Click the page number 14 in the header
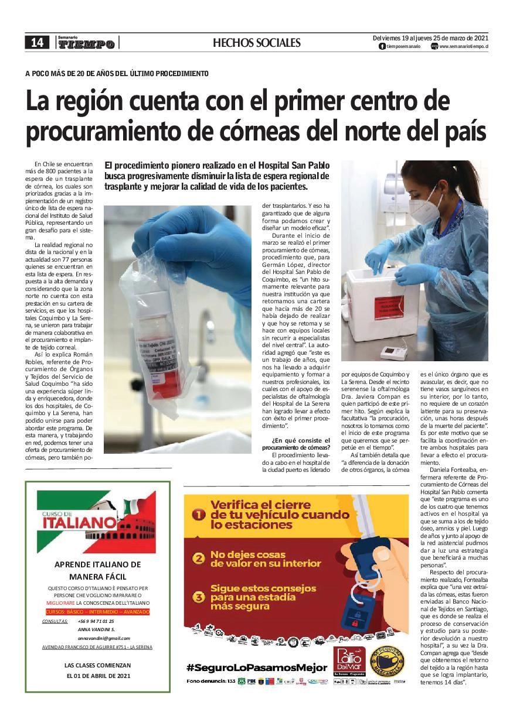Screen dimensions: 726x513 tap(37, 42)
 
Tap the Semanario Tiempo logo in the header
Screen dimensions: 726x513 tap(86, 43)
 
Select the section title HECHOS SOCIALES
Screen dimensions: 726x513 tap(256, 43)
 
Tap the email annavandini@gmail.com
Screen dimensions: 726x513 tap(103, 638)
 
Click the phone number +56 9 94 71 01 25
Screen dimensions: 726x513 tap(95, 621)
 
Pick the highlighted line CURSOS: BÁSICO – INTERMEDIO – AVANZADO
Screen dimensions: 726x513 tap(97, 612)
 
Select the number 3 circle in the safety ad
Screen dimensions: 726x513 tap(199, 597)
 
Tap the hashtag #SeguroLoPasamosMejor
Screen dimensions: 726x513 tap(256, 667)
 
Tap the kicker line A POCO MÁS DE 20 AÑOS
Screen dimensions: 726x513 tap(117, 74)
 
